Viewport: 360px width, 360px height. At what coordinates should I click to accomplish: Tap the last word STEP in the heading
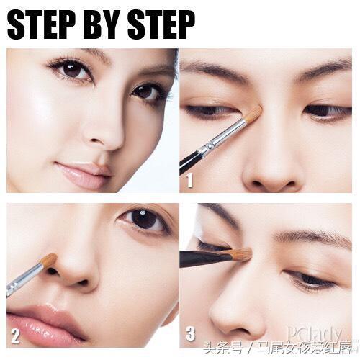[x=161, y=25]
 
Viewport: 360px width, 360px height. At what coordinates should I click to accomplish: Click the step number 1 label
[x=189, y=181]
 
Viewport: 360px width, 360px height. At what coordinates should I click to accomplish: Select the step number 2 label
[x=15, y=336]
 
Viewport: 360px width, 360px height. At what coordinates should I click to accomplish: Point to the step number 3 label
[x=191, y=333]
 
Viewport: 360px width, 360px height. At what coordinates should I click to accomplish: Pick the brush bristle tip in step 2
[x=49, y=260]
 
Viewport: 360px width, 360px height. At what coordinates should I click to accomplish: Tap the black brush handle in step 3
[x=205, y=258]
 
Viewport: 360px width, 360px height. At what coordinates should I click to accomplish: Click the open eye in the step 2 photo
[x=144, y=220]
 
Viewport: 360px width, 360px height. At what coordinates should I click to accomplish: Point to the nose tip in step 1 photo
[x=272, y=175]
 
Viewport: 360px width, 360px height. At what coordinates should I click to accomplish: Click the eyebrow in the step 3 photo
[x=312, y=237]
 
